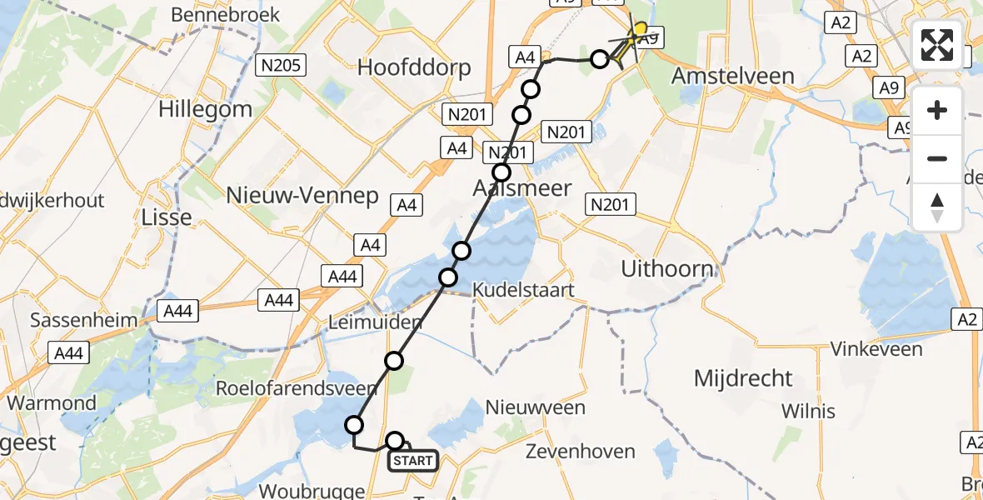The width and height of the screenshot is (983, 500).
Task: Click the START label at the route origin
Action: (412, 461)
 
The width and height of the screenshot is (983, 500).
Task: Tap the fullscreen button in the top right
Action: (937, 45)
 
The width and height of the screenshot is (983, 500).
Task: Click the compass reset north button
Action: (937, 207)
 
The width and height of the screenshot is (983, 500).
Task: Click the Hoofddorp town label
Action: (414, 67)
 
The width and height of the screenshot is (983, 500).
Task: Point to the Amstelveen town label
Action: (732, 76)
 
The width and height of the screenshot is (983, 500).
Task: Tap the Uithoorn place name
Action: (667, 269)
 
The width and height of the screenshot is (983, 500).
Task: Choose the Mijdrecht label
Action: (743, 378)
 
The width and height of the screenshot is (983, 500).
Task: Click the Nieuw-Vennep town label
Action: (302, 196)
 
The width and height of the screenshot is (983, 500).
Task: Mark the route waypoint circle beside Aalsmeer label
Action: (501, 172)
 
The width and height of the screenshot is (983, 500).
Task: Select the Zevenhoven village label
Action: (580, 452)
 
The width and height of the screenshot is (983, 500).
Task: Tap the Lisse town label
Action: (168, 217)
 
